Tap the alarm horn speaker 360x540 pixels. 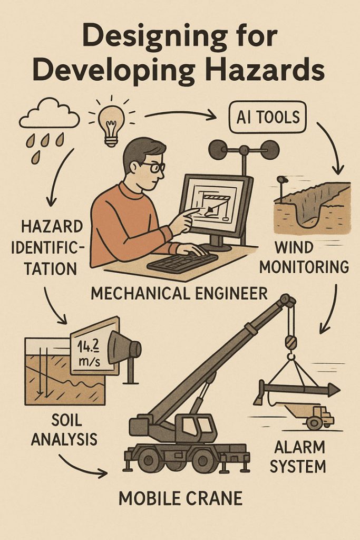coord(127,348)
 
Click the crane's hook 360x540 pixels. coord(290,343)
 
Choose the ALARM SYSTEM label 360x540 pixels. coord(300,457)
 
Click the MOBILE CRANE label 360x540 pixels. coord(180,498)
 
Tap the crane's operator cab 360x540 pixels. coord(198,427)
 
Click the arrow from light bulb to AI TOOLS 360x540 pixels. coord(181,112)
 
